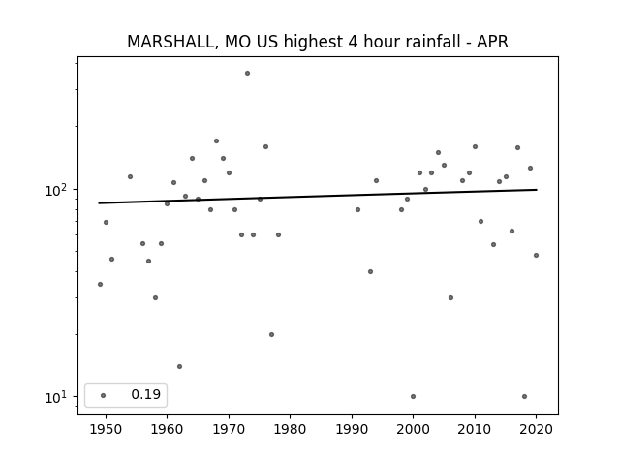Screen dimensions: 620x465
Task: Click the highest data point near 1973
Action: (248, 74)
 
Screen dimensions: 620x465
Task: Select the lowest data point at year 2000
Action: (414, 396)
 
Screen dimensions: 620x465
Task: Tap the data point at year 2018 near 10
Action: (524, 396)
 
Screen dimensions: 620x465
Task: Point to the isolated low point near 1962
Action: (179, 366)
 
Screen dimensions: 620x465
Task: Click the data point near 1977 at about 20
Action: (271, 334)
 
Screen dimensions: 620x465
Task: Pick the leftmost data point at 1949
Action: (100, 284)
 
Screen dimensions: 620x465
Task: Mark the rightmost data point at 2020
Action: (536, 256)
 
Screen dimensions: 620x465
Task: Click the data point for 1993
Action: (370, 271)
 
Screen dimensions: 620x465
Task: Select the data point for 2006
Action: (450, 297)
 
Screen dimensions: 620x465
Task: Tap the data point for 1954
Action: (130, 176)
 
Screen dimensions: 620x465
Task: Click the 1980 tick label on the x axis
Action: (291, 429)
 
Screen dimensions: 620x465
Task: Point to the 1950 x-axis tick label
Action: (106, 429)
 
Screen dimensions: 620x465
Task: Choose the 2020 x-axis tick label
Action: (536, 429)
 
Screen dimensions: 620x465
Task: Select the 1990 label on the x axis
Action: (352, 429)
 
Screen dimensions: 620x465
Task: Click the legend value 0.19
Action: (146, 394)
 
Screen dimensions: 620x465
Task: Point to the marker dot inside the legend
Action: (104, 395)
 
